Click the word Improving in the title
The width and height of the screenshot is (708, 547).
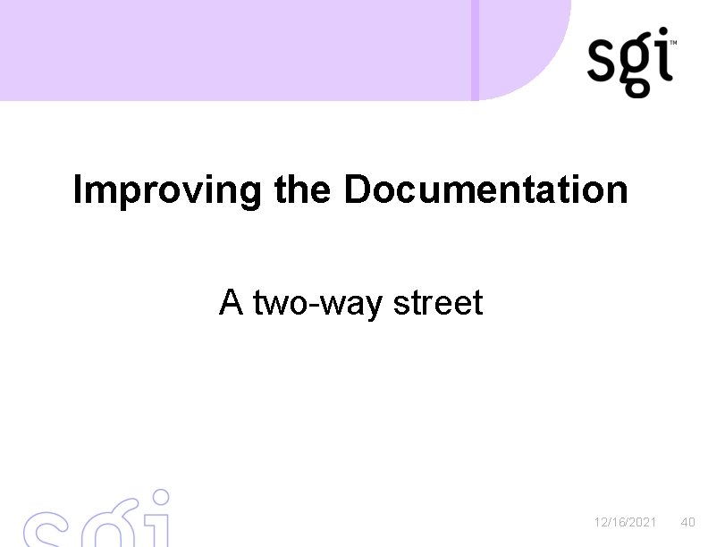pos(167,191)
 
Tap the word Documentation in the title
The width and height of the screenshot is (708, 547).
pos(485,189)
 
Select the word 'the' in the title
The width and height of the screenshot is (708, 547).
pos(303,189)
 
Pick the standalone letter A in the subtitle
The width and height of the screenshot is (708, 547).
pos(231,303)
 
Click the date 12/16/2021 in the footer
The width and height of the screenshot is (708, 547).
pos(626,522)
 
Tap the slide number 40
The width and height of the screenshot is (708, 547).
pos(687,522)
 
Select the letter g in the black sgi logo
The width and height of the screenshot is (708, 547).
pos(637,66)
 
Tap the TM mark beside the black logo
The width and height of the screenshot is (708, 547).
pos(673,42)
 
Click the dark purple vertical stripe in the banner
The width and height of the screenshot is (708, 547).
pos(476,49)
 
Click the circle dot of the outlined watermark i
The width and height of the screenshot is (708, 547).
pos(160,496)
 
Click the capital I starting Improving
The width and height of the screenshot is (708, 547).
pos(79,189)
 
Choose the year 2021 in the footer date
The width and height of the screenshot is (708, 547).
pos(643,522)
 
